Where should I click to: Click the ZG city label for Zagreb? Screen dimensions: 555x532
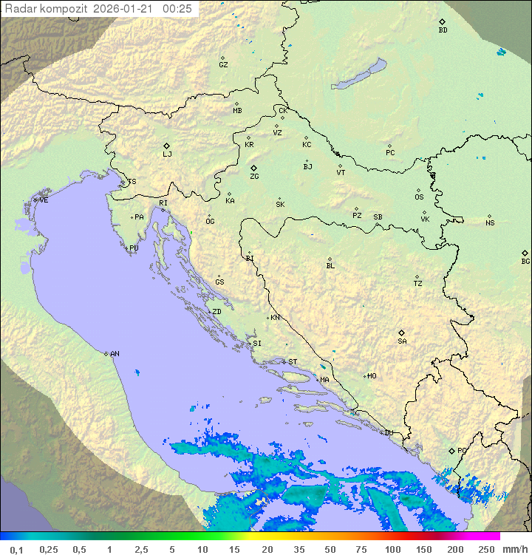click(254, 177)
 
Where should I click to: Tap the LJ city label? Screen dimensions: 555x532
click(167, 155)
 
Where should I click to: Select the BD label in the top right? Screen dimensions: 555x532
click(443, 30)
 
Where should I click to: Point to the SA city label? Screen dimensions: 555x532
click(402, 341)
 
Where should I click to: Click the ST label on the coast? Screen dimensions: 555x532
click(293, 362)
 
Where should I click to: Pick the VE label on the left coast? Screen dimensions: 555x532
click(44, 200)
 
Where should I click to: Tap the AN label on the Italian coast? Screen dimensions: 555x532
click(115, 354)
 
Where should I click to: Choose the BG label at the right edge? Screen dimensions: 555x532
click(525, 262)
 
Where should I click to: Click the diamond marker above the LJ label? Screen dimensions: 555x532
click(167, 146)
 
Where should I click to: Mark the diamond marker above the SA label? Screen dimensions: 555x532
click(402, 333)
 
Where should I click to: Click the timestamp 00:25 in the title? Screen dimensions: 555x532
click(177, 9)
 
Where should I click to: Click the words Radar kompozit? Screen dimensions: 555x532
click(47, 9)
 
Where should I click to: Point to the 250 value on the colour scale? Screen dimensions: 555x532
click(486, 549)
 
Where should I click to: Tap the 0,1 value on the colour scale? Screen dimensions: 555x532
click(16, 549)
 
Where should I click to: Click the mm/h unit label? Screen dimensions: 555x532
click(514, 549)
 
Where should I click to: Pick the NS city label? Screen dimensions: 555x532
click(490, 223)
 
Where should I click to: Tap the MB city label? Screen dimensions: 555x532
click(237, 111)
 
